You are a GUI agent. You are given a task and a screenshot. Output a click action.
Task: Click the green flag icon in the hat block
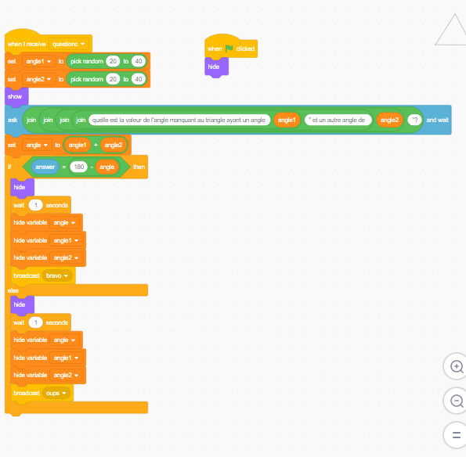coord(229,48)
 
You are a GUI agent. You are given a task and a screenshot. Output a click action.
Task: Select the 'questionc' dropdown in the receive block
coord(68,44)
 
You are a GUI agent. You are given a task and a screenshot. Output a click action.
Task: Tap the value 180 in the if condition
coord(79,167)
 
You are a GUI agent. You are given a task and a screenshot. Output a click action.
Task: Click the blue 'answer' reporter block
coord(45,167)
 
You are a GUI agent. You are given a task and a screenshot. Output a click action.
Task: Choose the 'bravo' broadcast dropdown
coord(57,275)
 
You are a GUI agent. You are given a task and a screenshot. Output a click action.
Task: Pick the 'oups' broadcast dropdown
coord(56,393)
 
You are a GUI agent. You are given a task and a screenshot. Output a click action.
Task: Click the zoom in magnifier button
coord(456,366)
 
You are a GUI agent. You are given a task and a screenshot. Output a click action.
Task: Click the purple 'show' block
coord(16,96)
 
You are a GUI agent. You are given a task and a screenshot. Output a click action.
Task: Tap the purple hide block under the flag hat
coord(216,67)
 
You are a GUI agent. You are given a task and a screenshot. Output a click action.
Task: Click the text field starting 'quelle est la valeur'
coord(179,120)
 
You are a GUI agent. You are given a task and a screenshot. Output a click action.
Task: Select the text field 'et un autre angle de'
coord(338,120)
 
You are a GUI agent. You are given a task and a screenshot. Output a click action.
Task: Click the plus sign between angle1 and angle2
coord(96,145)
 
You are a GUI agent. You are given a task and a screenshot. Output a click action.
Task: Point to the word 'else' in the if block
coord(13,290)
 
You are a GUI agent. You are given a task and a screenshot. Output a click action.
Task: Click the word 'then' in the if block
coord(139,167)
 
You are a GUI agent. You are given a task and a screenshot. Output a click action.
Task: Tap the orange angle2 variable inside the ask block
coord(389,120)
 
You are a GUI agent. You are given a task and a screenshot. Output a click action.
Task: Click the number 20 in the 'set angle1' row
coord(113,61)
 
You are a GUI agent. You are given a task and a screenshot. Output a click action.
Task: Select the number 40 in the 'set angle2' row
coord(139,79)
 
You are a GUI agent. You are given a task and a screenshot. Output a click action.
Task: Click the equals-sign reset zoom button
coord(456,435)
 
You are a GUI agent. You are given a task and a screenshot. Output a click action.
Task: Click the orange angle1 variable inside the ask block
coord(287,120)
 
